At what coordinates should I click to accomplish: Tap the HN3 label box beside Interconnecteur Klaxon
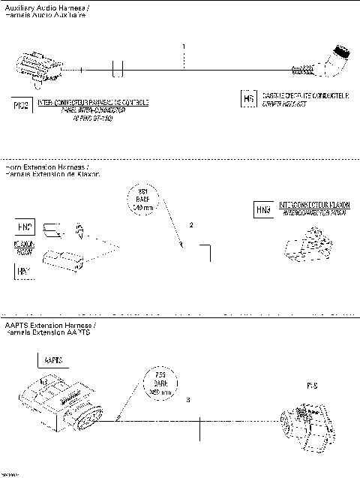click(x=264, y=209)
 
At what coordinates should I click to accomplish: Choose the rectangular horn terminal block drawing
click(x=62, y=260)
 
